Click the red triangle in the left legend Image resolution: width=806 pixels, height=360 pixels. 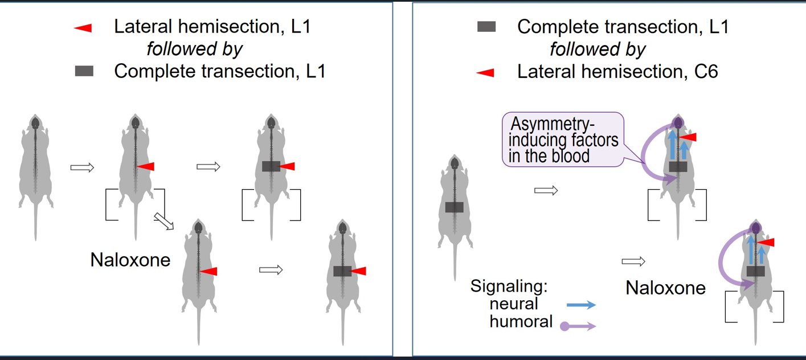click(x=83, y=28)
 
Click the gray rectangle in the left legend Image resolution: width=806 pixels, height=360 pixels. click(x=84, y=71)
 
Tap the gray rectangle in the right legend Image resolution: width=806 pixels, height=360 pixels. click(x=486, y=27)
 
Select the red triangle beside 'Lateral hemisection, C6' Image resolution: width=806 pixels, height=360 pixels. click(x=485, y=72)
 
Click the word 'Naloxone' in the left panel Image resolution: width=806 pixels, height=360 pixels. click(x=130, y=260)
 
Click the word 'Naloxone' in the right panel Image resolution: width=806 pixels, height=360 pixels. click(x=665, y=287)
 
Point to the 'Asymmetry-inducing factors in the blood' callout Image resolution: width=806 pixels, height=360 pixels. click(x=563, y=140)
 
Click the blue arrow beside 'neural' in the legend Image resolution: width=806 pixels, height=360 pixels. click(x=582, y=305)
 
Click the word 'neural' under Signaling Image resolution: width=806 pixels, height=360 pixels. click(x=514, y=304)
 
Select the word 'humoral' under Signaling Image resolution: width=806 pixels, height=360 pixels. click(x=521, y=321)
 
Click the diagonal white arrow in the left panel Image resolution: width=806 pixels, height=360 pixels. click(x=165, y=221)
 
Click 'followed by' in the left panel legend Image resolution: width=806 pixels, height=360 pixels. click(x=195, y=49)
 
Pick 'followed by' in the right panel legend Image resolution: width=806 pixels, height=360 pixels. click(x=598, y=49)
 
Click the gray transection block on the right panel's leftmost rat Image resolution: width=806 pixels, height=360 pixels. click(x=454, y=207)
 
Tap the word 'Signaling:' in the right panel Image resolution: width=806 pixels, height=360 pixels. click(x=509, y=286)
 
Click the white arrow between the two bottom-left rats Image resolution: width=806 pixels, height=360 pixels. click(x=271, y=270)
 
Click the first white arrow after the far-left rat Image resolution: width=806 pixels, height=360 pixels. click(x=82, y=167)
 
